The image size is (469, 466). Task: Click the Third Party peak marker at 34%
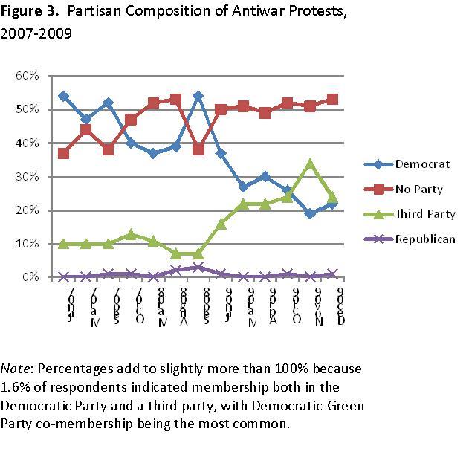point(310,164)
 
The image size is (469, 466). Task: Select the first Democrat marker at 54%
point(63,97)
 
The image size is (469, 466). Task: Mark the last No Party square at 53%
point(332,100)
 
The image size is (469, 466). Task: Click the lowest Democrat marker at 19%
point(310,213)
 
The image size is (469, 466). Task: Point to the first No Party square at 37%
point(63,153)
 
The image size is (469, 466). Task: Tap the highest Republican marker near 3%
point(198,268)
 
